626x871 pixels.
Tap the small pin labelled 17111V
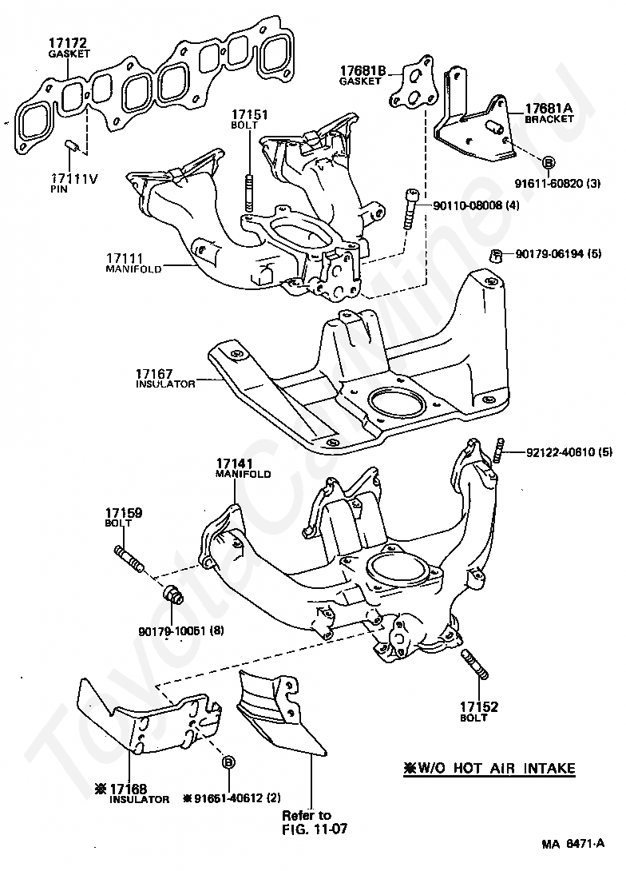click(x=69, y=145)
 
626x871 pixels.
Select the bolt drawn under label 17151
click(x=248, y=192)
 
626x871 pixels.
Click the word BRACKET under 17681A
click(x=549, y=119)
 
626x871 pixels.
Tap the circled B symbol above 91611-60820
click(x=549, y=163)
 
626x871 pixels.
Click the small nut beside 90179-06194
click(x=494, y=257)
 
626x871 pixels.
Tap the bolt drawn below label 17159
click(x=129, y=557)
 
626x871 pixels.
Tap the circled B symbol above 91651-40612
click(x=228, y=762)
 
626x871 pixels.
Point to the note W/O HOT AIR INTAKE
click(x=488, y=769)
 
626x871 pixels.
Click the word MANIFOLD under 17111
click(x=133, y=269)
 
